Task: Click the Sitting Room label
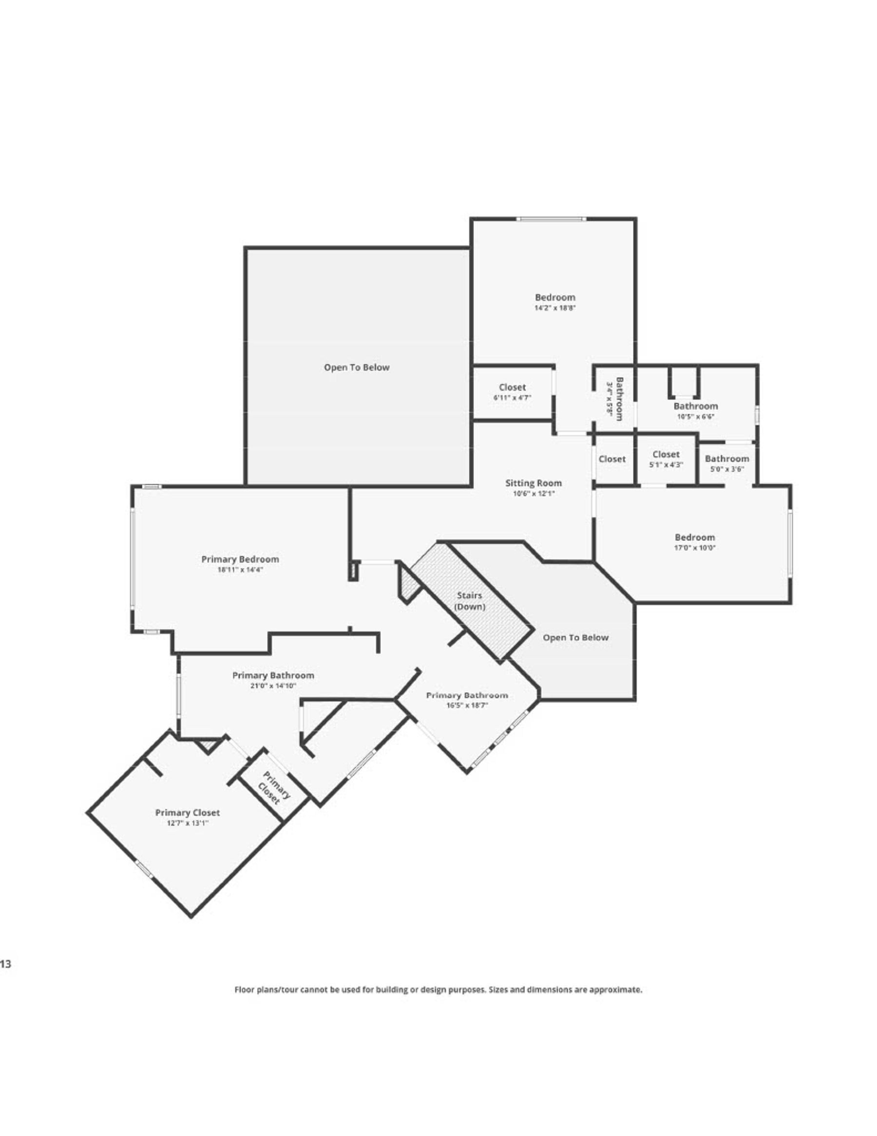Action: point(534,483)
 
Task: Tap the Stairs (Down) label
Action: point(469,601)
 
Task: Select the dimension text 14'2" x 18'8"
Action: point(554,308)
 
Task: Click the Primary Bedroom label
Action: point(240,559)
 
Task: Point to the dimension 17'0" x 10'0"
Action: point(694,548)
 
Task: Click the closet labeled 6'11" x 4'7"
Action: point(512,392)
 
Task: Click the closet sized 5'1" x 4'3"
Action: point(666,459)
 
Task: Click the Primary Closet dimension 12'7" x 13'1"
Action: point(187,823)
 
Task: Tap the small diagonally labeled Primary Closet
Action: point(272,789)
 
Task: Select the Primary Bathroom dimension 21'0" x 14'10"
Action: point(273,686)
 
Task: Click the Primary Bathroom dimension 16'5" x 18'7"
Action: point(466,706)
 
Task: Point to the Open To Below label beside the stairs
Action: point(575,638)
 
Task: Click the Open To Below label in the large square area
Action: point(357,367)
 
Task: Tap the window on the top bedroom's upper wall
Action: point(551,219)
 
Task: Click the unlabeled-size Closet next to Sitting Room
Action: point(612,459)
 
